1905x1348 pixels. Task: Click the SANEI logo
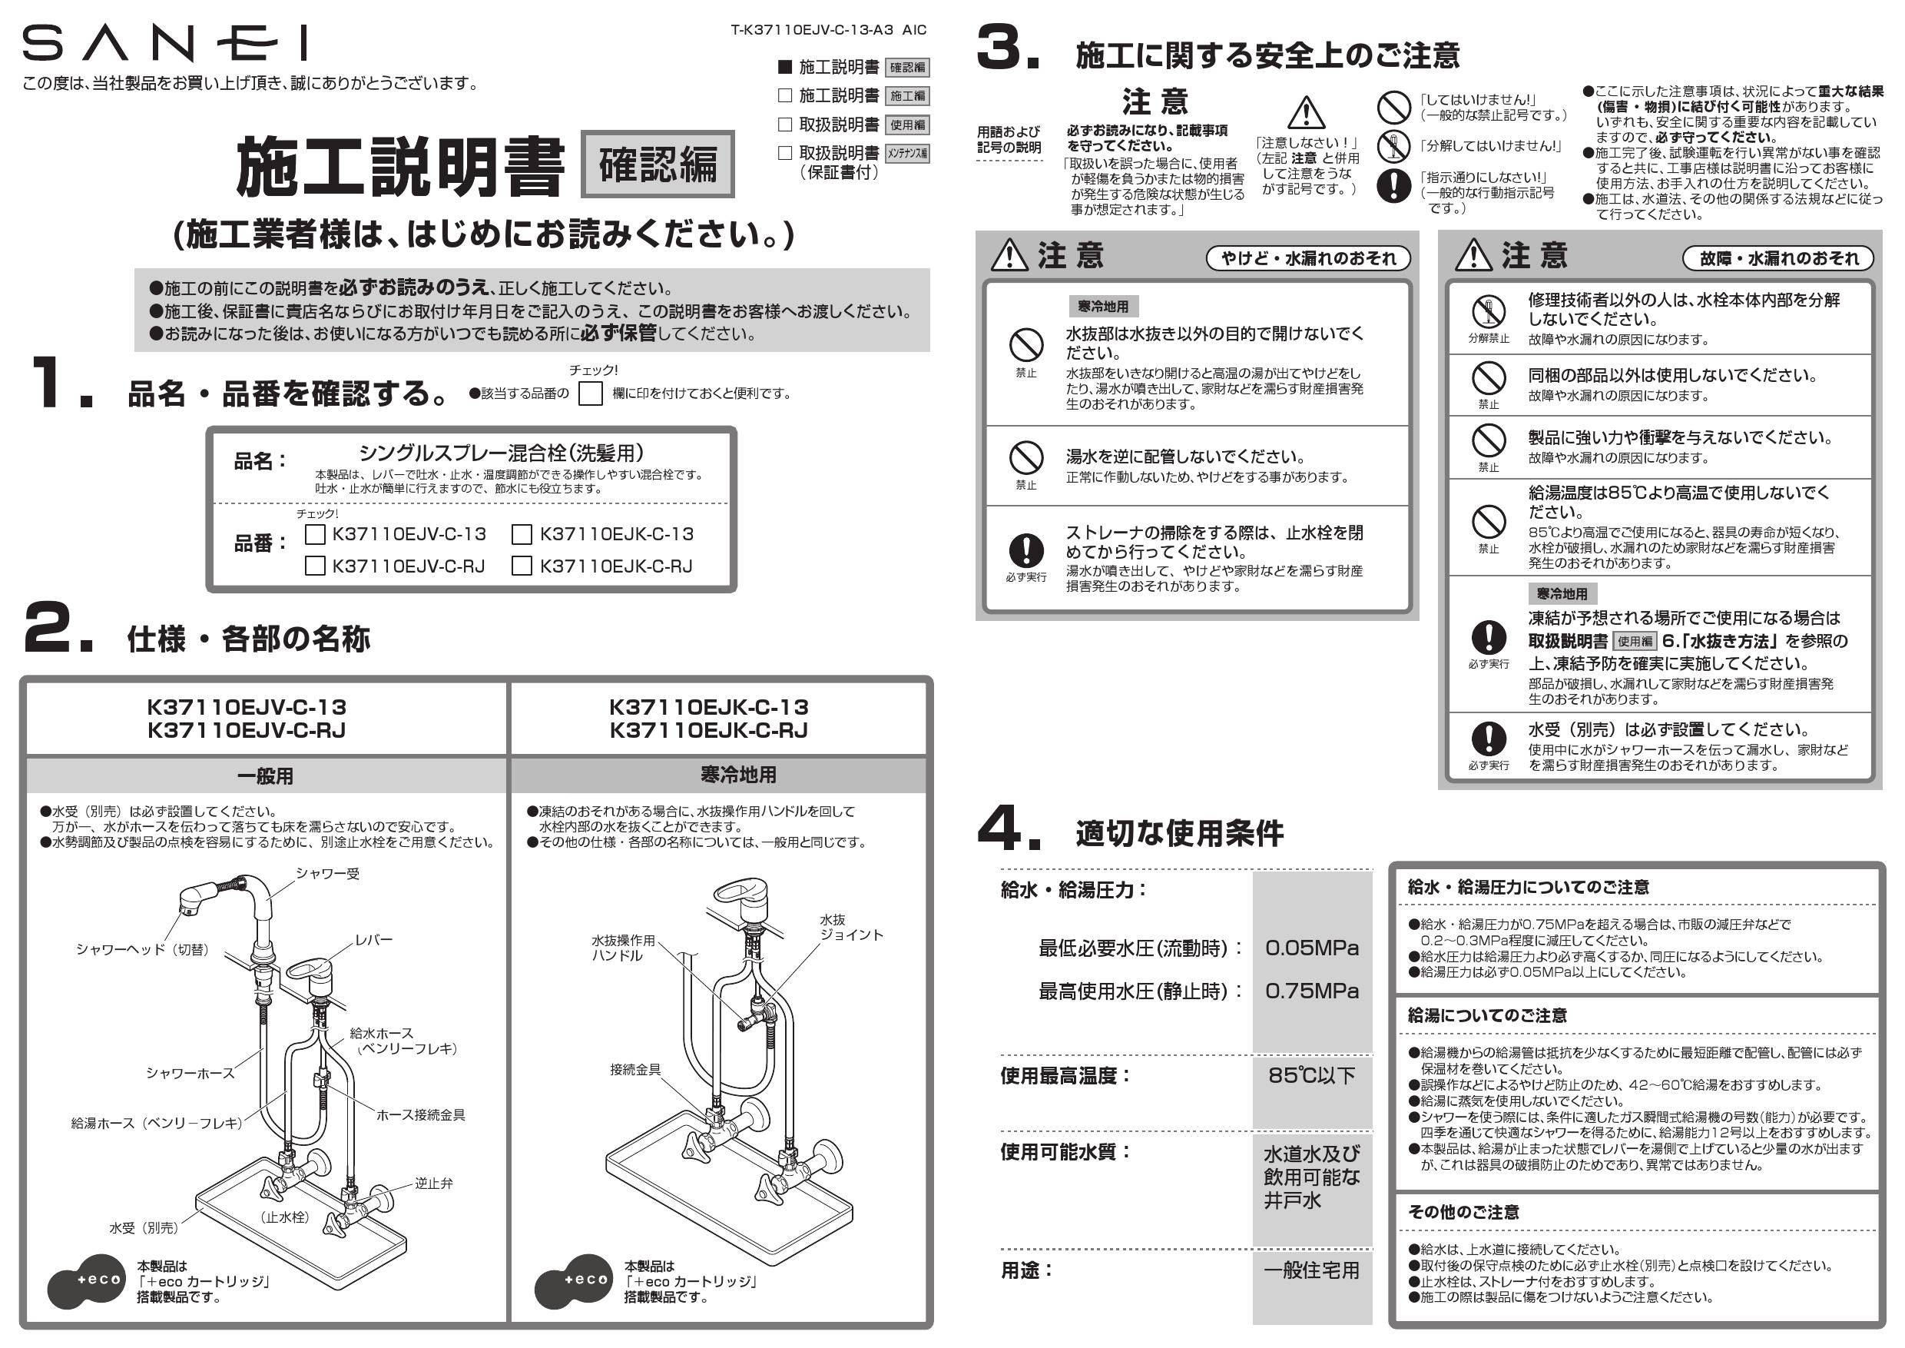[164, 43]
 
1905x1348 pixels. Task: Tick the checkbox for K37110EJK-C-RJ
[522, 566]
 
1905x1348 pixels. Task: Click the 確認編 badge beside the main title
[657, 164]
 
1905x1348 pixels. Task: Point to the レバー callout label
[373, 940]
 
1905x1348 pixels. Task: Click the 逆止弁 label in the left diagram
[434, 1184]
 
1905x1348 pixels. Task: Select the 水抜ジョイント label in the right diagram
[851, 927]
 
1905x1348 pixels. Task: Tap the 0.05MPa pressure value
[1312, 948]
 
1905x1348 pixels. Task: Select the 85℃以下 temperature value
[1312, 1076]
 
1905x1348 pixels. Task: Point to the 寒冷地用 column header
[738, 775]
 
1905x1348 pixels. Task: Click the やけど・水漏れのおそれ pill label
[1308, 258]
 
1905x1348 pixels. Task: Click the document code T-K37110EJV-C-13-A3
[811, 30]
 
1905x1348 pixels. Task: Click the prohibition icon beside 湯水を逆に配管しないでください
[1025, 457]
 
